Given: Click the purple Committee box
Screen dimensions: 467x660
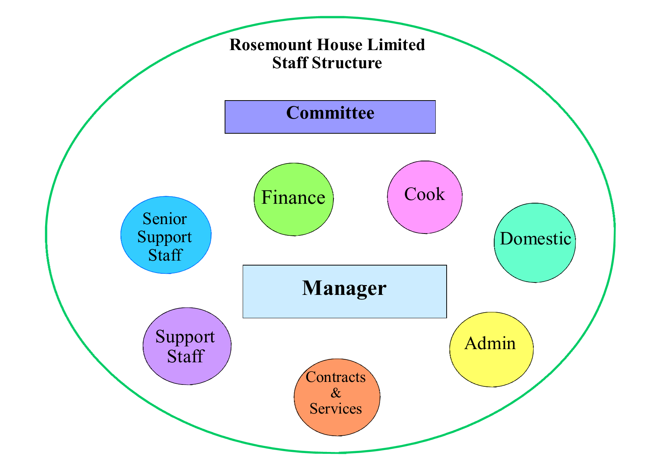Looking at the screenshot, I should [330, 117].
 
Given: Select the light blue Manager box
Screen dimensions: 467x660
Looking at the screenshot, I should [345, 291].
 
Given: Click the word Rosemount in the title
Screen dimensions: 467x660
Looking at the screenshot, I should [271, 45].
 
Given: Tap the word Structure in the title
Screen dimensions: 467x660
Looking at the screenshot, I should [347, 63].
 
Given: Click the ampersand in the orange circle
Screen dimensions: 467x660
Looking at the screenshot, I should [336, 393].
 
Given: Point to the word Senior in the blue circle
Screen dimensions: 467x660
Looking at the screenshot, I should [165, 219].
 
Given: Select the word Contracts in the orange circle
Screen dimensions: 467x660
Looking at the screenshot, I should [336, 377].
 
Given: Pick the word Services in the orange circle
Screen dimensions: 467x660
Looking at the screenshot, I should [336, 409].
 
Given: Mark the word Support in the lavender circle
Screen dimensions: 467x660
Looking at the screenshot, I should [185, 337].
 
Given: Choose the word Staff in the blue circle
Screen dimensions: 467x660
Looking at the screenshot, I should [165, 255].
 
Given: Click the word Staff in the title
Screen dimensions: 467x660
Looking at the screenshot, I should [290, 63].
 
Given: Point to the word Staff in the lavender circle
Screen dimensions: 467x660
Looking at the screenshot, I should [186, 356].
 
